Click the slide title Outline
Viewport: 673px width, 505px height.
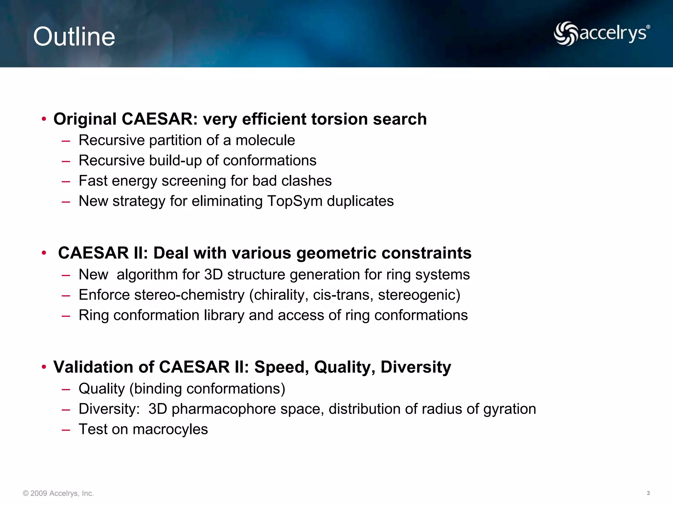[74, 36]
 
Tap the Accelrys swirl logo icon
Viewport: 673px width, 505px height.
[566, 33]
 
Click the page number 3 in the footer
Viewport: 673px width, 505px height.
[648, 493]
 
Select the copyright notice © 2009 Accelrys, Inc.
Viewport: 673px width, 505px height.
[58, 493]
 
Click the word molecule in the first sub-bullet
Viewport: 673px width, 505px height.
[265, 140]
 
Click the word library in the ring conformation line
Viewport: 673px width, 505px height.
[224, 315]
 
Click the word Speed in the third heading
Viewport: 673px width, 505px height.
[281, 367]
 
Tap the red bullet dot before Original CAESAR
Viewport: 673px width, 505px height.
[44, 119]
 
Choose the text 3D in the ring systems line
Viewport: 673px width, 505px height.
[213, 275]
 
